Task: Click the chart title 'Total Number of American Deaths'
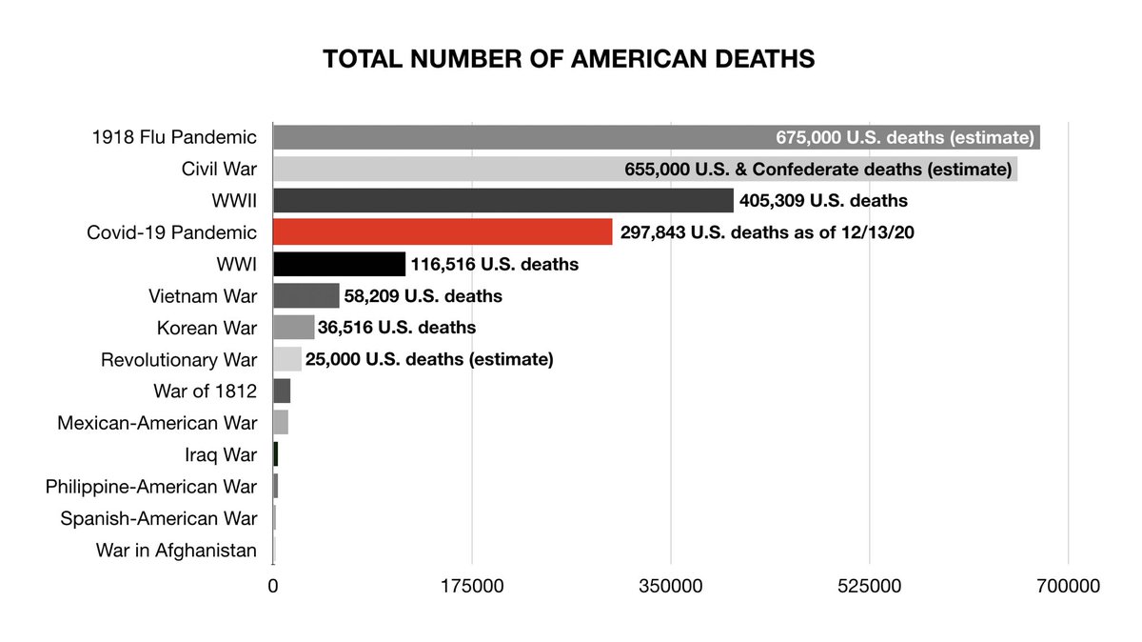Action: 569,59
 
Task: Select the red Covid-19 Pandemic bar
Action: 443,232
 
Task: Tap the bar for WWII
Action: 502,201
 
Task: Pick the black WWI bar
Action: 339,264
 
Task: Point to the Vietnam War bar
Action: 305,296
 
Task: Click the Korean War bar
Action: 293,328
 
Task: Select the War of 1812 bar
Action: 282,391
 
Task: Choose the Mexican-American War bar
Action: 281,423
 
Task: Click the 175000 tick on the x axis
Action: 472,587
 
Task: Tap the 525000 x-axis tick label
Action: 870,587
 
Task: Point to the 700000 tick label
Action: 1068,587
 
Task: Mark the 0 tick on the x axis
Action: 273,587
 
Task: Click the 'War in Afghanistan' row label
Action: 176,551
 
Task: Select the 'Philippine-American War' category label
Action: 151,487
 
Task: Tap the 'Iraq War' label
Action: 221,455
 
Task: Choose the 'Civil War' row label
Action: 219,170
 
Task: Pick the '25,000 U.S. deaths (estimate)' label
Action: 429,360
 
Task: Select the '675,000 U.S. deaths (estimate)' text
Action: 905,137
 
